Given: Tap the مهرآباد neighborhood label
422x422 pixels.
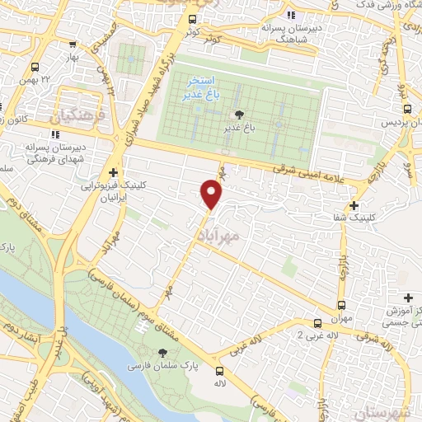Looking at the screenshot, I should pos(218,236).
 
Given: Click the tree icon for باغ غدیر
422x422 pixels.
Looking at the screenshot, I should pos(239,114).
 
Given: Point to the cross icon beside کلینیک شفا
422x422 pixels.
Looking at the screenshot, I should pos(354,206).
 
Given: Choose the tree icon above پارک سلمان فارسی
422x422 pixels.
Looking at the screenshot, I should pos(149,349).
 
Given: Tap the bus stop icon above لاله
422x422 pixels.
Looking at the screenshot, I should pos(219,371).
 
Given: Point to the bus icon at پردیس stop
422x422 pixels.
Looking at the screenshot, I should pos(406,107).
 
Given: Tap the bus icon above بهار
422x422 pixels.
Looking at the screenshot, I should pos(35,67).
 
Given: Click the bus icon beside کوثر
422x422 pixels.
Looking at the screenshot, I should pos(193,20).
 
